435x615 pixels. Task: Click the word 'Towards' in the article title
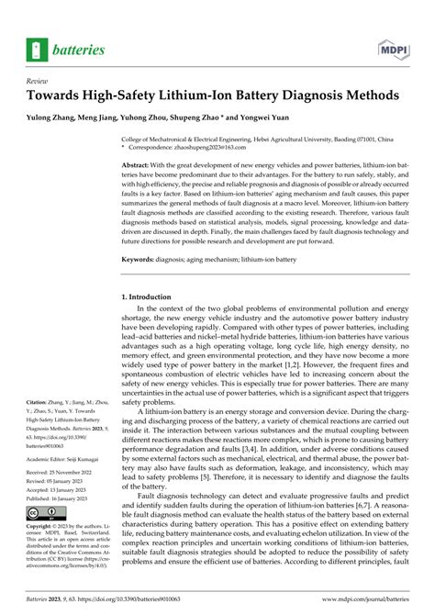(64, 96)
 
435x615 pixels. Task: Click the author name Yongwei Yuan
(293, 118)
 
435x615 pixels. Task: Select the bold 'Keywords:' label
(141, 260)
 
